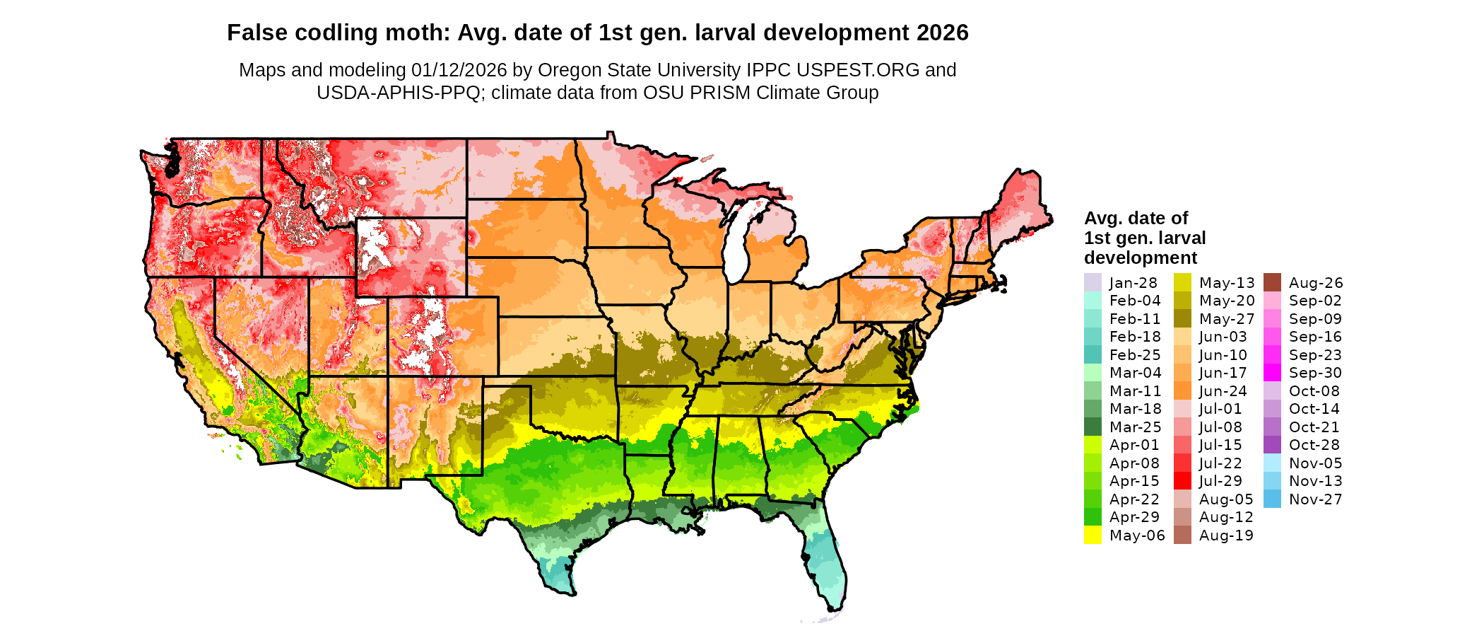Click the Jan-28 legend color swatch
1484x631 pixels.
pos(1093,282)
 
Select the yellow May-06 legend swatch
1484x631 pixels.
pos(1093,535)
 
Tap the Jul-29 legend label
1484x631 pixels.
pos(1220,481)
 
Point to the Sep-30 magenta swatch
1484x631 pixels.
pos(1272,373)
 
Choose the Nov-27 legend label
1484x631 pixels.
pos(1315,499)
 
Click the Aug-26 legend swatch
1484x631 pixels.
pos(1272,282)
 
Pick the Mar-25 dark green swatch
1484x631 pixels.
pos(1093,427)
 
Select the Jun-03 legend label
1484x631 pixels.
pos(1223,337)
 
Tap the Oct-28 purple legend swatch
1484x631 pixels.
pos(1272,445)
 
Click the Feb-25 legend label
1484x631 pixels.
pos(1135,355)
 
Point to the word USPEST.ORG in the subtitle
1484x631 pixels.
pos(858,70)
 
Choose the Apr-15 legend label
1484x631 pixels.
pos(1134,481)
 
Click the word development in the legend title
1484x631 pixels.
pos(1141,257)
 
